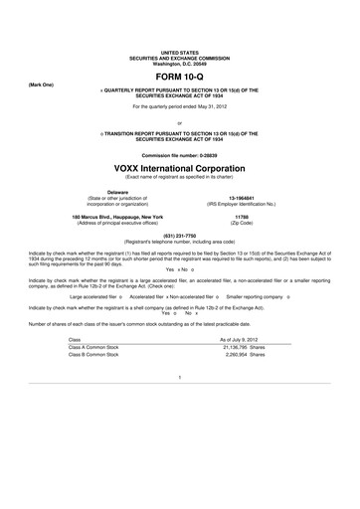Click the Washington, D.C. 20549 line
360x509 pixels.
[x=180, y=62]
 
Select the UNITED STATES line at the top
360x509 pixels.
[x=180, y=51]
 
